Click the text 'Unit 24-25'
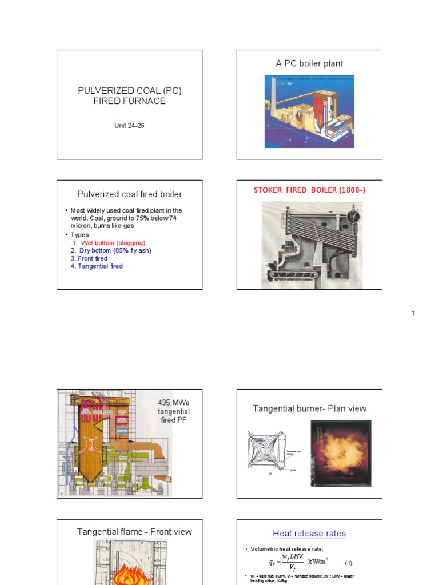click(x=129, y=126)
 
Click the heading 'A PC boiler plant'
click(x=309, y=63)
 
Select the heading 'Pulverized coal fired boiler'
click(x=130, y=194)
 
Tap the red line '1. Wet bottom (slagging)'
click(x=108, y=243)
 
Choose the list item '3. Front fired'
click(x=89, y=258)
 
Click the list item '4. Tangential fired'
click(x=97, y=266)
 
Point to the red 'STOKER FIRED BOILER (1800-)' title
click(x=309, y=190)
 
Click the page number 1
click(x=413, y=313)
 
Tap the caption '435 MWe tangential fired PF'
click(x=174, y=412)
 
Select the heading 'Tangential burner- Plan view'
click(x=309, y=408)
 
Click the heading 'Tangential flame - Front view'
click(x=134, y=532)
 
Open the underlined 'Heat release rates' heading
click(x=309, y=534)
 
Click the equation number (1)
click(x=349, y=563)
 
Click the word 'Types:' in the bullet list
click(x=81, y=235)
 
